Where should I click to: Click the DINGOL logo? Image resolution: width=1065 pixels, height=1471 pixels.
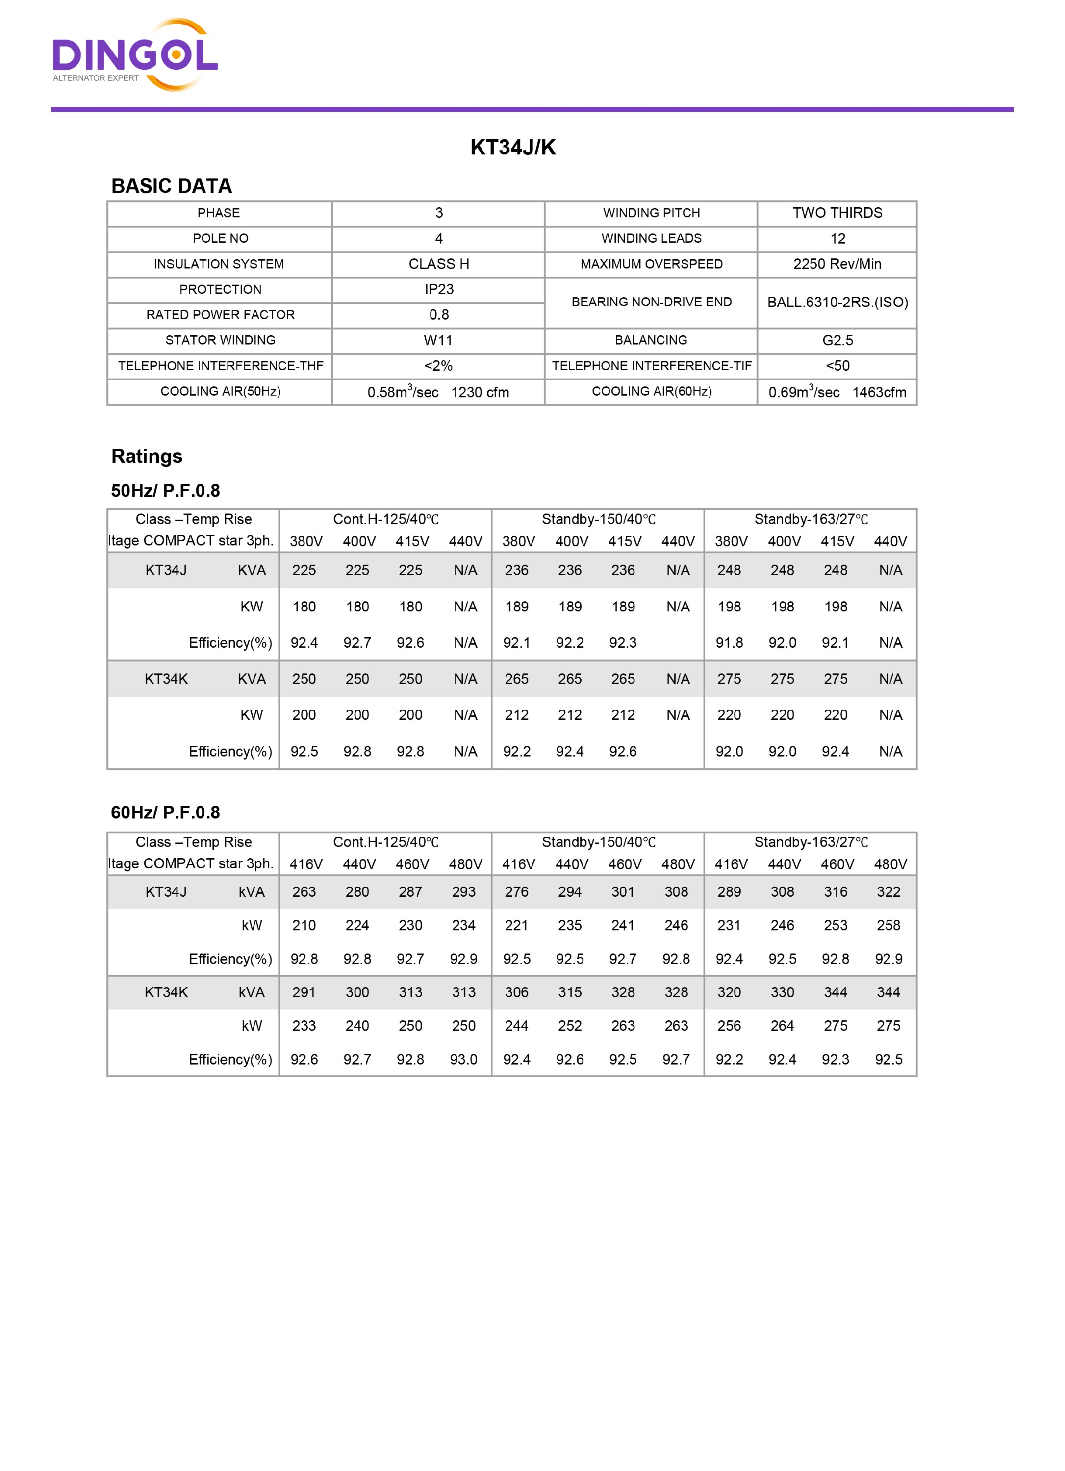tap(135, 55)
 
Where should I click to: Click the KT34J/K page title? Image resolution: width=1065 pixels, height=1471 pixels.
tap(512, 147)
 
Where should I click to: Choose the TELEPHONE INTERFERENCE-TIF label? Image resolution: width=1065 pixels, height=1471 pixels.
tap(651, 366)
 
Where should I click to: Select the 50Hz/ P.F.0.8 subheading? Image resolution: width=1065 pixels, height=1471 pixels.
tap(165, 490)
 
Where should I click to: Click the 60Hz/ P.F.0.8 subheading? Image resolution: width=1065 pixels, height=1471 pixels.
tap(165, 812)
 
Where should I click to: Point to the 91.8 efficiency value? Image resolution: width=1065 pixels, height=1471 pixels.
tap(729, 643)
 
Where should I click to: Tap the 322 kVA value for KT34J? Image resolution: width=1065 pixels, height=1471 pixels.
tap(888, 892)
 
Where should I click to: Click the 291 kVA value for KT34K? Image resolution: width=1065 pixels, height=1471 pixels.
tap(304, 992)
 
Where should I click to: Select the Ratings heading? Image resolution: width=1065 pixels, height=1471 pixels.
tap(147, 456)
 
